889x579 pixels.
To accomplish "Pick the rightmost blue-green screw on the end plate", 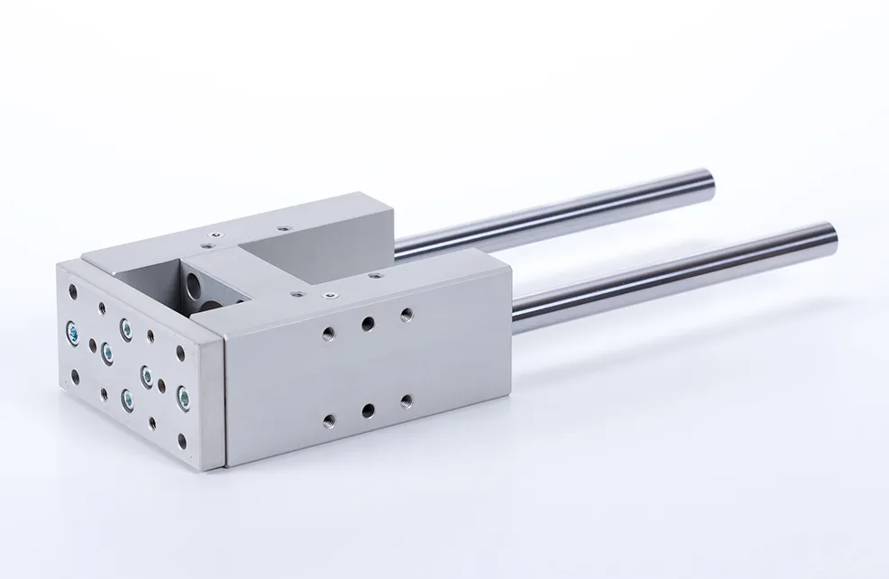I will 184,394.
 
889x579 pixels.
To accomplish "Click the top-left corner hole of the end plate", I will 73,289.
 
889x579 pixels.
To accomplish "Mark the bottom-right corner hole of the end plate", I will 183,441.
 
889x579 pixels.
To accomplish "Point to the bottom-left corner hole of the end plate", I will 74,376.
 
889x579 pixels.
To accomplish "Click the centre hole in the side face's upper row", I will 368,323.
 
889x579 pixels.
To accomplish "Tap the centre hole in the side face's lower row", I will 368,410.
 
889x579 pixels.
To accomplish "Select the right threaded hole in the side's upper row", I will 406,314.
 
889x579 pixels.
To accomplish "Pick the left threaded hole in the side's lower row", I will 329,419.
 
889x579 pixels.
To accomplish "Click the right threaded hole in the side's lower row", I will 406,400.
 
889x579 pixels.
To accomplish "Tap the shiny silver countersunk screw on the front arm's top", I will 330,295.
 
